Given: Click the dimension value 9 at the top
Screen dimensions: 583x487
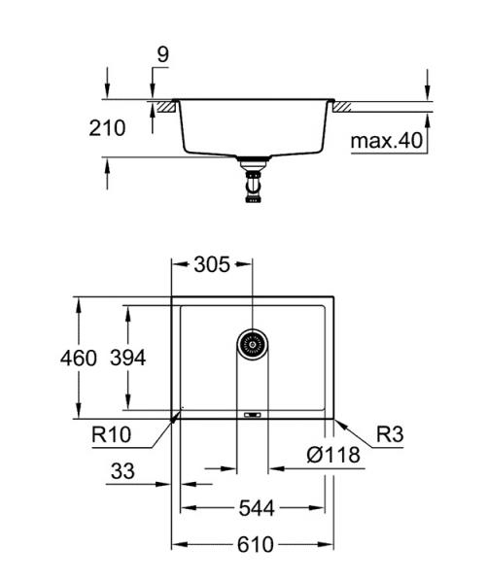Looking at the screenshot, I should coord(162,54).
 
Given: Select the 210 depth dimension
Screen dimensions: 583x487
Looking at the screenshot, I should coord(107,127).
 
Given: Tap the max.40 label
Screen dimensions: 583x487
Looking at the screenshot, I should coord(386,141).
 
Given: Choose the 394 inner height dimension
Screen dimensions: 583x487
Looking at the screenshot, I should coord(126,359).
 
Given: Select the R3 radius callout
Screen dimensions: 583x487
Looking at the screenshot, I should coord(389,433).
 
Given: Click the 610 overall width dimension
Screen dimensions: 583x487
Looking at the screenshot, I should coord(255,544).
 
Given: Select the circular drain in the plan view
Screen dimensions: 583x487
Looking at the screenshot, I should coord(252,343).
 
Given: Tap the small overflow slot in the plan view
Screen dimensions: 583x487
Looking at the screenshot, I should coord(252,413).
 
